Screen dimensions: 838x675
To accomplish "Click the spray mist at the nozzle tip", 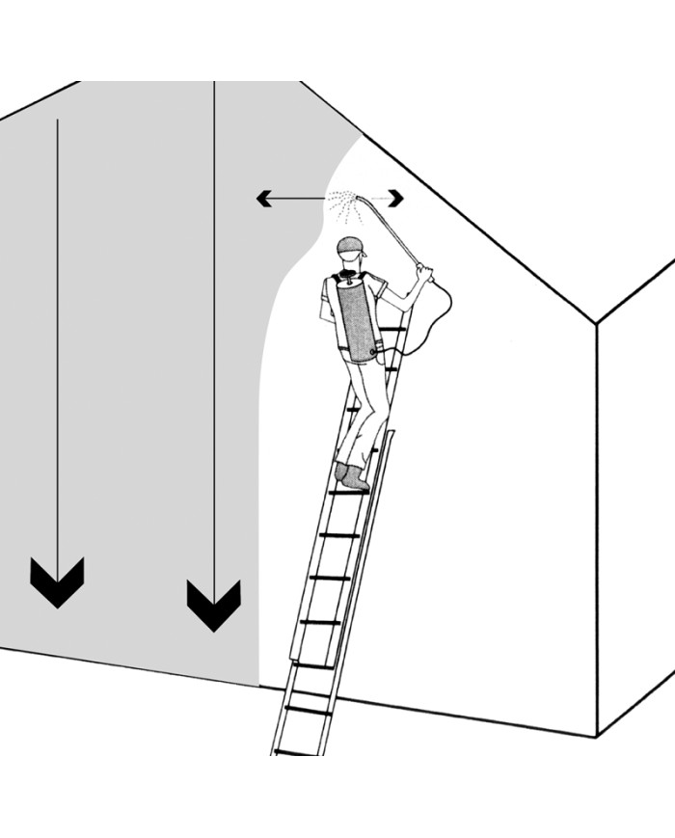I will point(343,202).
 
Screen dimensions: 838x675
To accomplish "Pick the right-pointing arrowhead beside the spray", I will point(396,198).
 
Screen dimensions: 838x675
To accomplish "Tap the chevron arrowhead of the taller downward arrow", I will point(213,605).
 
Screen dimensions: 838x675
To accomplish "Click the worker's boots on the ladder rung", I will point(352,477).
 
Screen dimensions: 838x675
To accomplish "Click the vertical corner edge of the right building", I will point(598,530).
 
